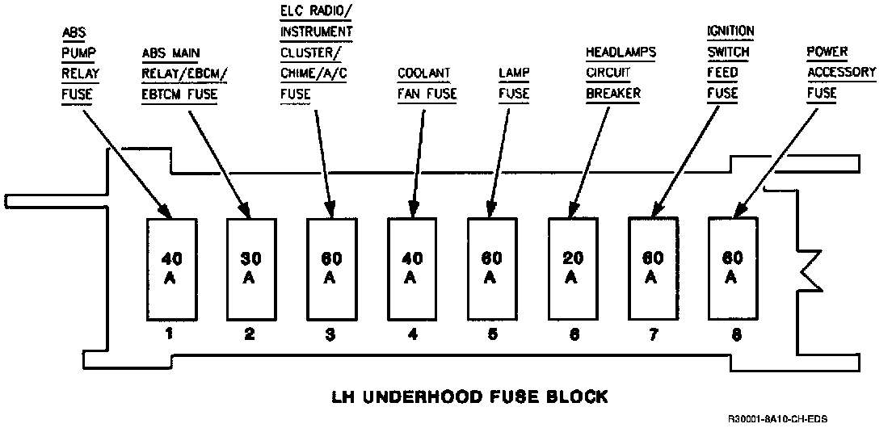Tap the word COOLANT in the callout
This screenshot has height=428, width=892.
click(423, 73)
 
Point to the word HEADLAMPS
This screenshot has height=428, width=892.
click(621, 52)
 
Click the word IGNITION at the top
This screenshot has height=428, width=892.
click(730, 31)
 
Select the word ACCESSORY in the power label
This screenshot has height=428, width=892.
click(841, 73)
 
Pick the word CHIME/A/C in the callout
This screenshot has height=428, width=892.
click(311, 73)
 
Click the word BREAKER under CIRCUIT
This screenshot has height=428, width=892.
click(612, 94)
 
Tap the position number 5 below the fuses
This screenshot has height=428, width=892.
click(491, 333)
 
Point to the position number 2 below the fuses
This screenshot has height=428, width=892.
click(250, 333)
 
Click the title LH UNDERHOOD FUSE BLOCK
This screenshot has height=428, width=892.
click(469, 397)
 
